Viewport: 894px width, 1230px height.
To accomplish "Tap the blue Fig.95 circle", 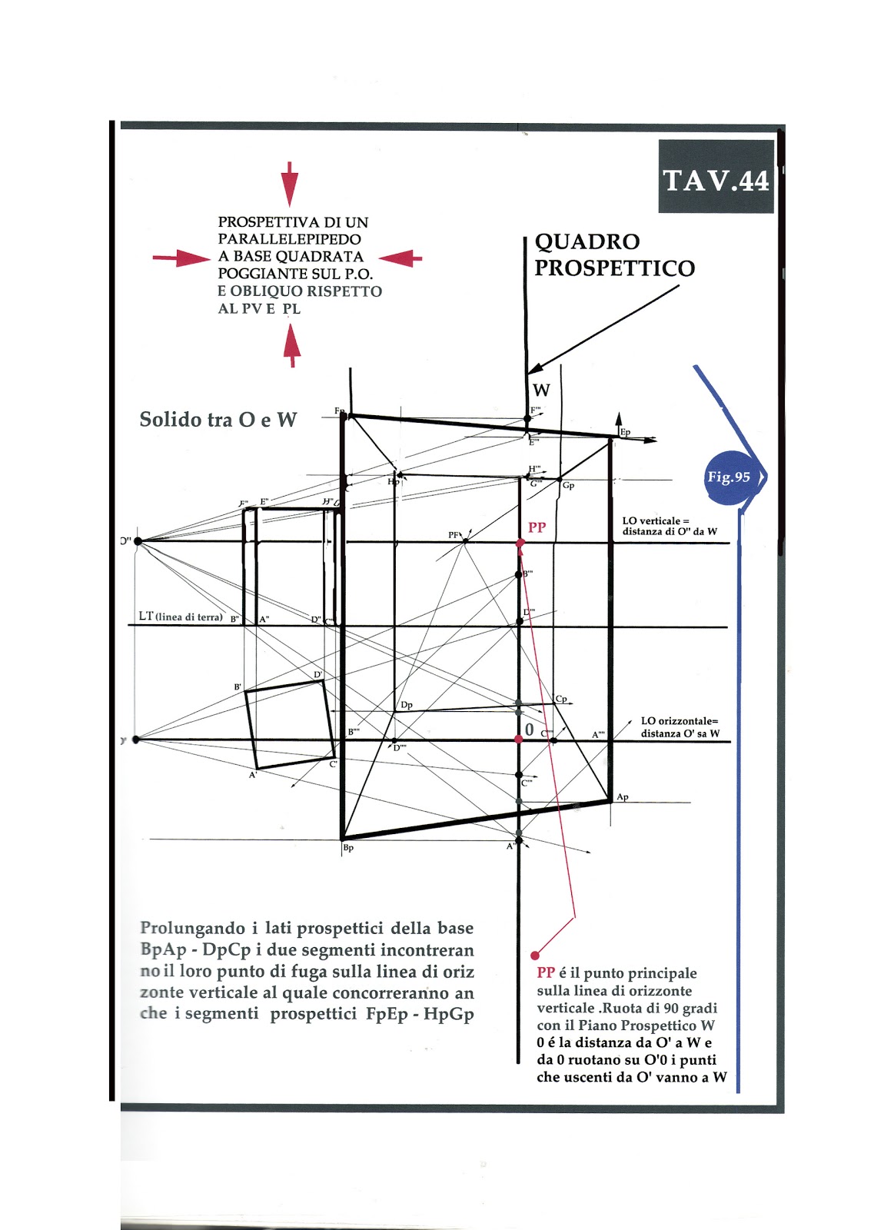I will coord(729,477).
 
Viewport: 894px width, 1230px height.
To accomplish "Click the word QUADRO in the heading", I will coord(587,242).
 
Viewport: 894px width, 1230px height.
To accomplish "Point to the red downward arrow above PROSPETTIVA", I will coord(289,184).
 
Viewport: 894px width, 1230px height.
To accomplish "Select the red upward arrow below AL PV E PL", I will coord(291,345).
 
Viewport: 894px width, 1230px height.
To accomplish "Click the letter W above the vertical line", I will coord(541,390).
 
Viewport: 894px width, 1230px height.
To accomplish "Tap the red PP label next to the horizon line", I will coord(537,527).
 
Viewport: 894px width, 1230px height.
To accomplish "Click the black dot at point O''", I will coord(138,541).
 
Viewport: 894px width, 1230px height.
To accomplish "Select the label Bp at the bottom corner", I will coord(348,848).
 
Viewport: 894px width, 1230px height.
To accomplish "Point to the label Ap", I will coord(623,797).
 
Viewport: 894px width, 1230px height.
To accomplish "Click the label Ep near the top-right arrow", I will coord(625,433).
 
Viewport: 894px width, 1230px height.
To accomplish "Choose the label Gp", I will coord(568,486).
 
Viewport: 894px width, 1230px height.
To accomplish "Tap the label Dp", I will coord(407,705).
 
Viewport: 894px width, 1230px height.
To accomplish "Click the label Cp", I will coord(561,700).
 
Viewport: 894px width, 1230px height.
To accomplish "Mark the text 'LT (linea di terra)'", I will coord(181,617).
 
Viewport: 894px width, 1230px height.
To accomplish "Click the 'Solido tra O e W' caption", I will coord(218,420).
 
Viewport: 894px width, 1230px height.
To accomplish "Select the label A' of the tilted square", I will coord(252,776).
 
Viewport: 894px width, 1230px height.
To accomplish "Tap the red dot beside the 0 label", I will coord(519,739).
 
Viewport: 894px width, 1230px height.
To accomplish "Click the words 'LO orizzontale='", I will coord(679,721).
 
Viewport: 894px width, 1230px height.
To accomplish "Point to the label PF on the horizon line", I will coord(454,535).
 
